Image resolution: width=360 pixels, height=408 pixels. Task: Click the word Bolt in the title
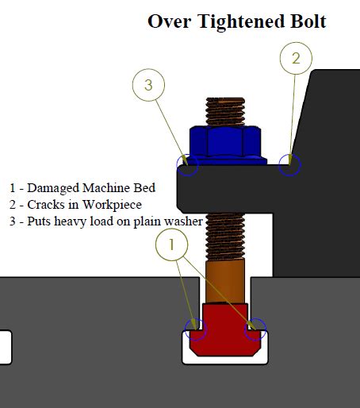click(x=308, y=21)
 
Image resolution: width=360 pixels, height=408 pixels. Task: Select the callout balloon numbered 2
click(x=296, y=58)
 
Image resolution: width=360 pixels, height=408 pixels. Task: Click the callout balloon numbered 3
click(x=148, y=85)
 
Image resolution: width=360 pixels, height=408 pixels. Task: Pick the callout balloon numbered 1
click(x=172, y=244)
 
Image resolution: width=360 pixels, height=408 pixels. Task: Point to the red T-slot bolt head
click(x=225, y=329)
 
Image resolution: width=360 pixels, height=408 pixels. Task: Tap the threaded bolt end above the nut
click(x=225, y=112)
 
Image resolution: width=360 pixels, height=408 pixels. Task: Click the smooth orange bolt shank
click(x=225, y=281)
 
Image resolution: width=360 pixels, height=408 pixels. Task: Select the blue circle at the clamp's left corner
click(x=177, y=165)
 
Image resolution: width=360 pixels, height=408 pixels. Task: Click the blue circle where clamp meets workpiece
click(x=279, y=165)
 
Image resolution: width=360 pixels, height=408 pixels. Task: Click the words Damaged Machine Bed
click(x=91, y=188)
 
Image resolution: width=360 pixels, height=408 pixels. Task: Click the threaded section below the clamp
click(x=225, y=237)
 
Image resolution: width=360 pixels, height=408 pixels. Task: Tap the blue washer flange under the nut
click(x=225, y=160)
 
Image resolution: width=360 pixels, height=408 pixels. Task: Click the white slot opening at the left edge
click(x=6, y=347)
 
